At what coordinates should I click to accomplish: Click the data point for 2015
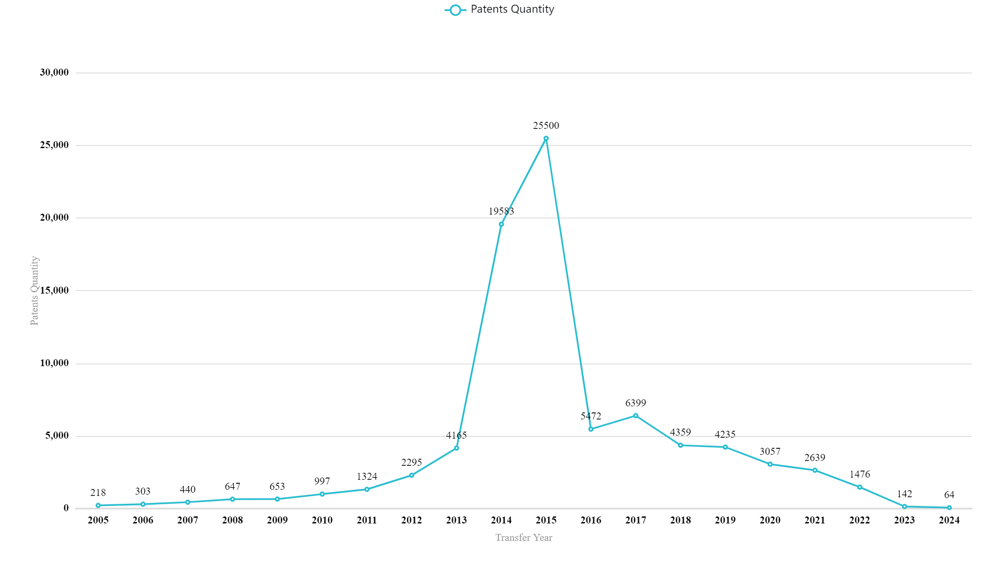click(x=546, y=139)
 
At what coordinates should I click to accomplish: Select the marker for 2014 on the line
click(x=501, y=224)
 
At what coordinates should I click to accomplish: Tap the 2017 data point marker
click(x=635, y=416)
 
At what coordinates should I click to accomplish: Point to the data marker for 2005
click(x=98, y=506)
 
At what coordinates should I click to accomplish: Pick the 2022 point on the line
click(x=859, y=487)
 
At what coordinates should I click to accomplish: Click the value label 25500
click(x=546, y=125)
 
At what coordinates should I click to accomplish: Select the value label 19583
click(x=501, y=211)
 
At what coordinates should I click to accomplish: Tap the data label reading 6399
click(x=635, y=403)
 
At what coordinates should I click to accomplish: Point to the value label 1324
click(x=367, y=476)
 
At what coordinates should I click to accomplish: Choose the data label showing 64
click(x=949, y=495)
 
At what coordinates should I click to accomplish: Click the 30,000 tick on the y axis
click(x=54, y=73)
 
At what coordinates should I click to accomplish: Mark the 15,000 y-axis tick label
click(x=54, y=291)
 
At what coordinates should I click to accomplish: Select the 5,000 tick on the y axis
click(x=57, y=436)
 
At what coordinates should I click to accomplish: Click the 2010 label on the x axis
click(x=322, y=520)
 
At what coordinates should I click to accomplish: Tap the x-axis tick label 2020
click(x=770, y=520)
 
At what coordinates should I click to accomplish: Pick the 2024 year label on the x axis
click(x=949, y=520)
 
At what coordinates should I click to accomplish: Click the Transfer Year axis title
click(x=523, y=537)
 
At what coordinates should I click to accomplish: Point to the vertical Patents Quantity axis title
click(x=34, y=291)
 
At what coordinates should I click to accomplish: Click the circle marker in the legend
click(x=455, y=10)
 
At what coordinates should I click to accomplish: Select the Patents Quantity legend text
click(x=512, y=9)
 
